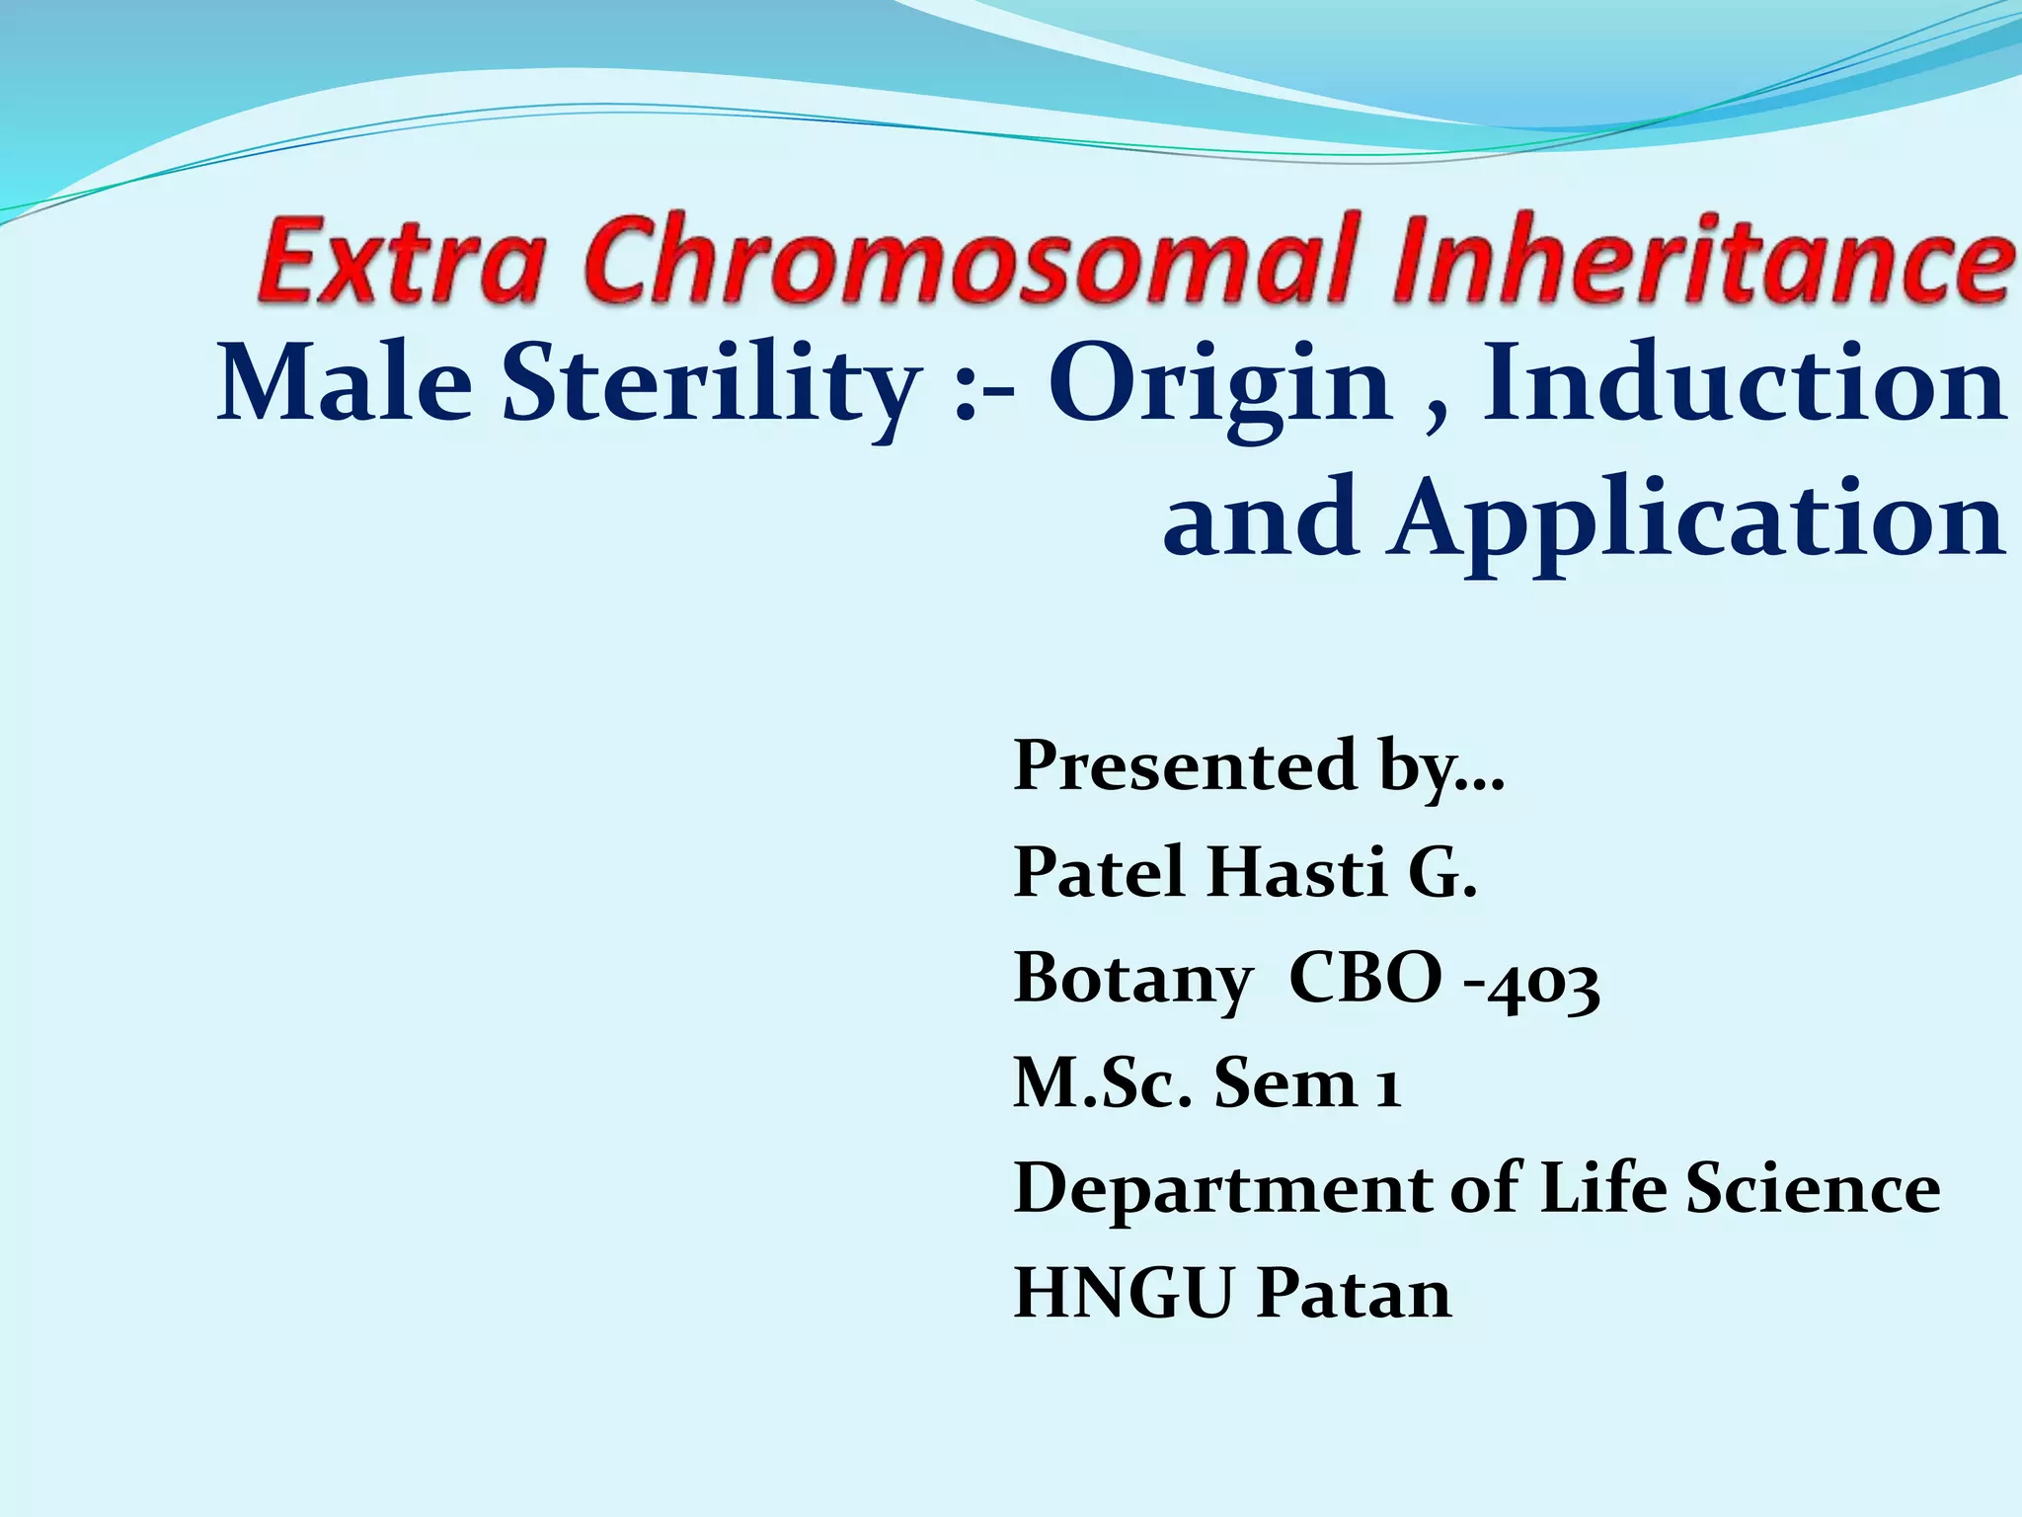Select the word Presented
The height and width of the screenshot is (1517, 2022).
(1186, 765)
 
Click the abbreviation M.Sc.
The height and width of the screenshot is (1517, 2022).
(1102, 1083)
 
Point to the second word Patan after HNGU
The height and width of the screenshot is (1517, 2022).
(1354, 1294)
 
